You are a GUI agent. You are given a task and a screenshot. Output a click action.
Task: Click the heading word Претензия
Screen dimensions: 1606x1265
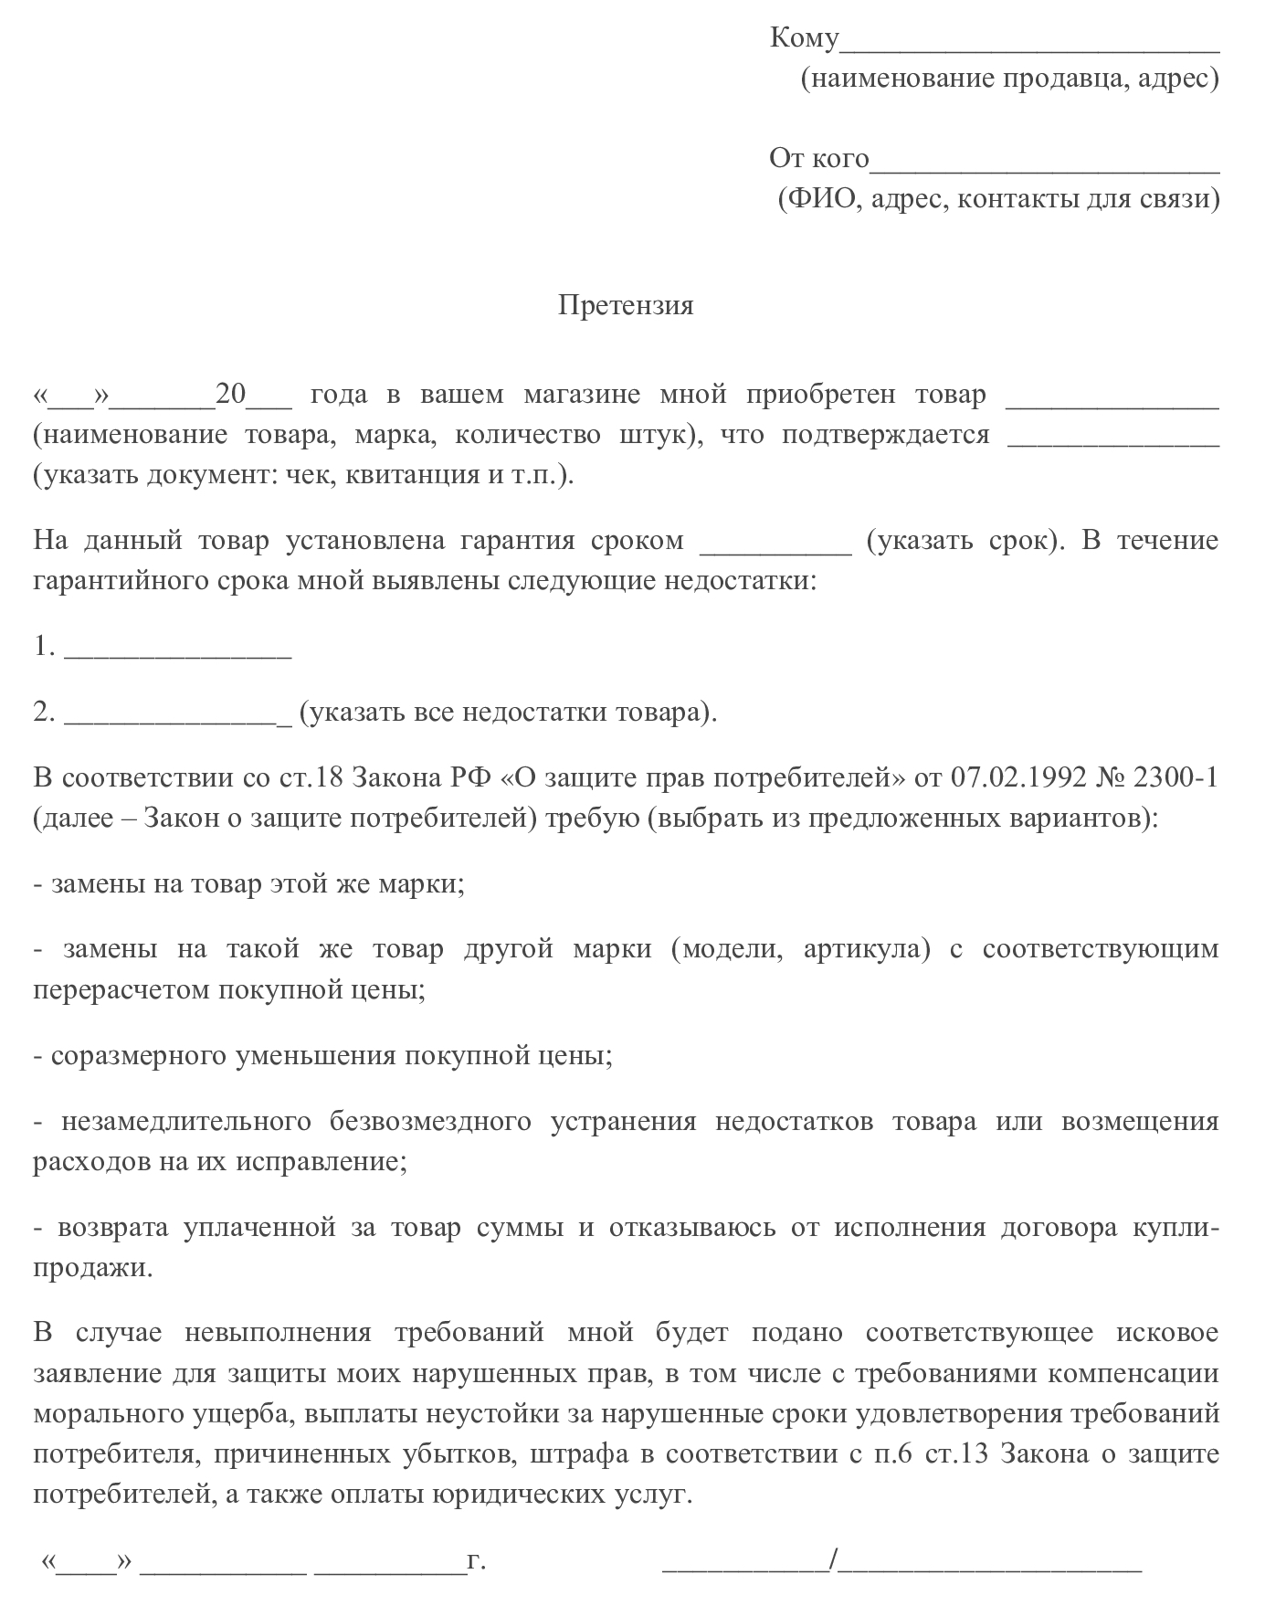pos(626,305)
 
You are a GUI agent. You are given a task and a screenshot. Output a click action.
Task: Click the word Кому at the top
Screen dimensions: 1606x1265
pos(804,38)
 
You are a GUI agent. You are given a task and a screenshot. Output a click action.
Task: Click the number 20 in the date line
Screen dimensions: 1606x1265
pos(231,395)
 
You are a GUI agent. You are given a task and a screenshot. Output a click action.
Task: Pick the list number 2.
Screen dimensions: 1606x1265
pos(44,713)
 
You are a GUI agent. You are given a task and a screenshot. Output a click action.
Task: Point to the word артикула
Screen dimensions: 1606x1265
pos(866,949)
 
